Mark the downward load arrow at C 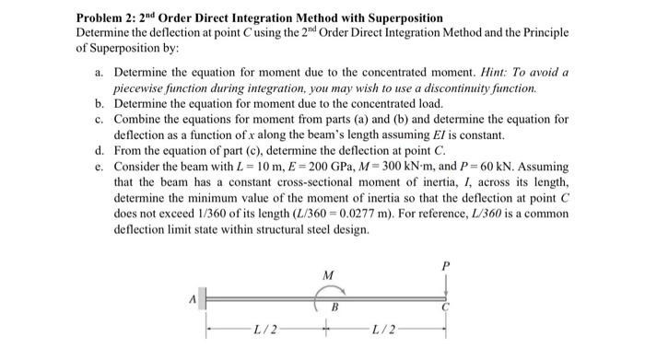coord(446,285)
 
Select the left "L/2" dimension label coord(264,330)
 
